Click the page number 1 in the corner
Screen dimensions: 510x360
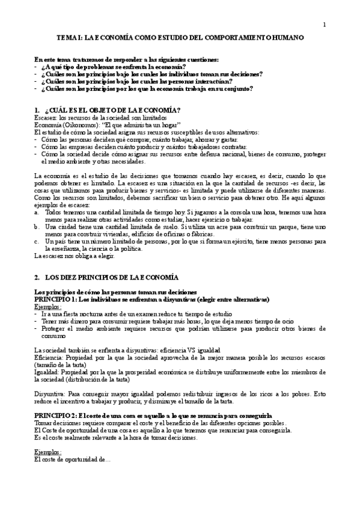coord(324,25)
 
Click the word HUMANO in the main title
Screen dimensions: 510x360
coord(286,37)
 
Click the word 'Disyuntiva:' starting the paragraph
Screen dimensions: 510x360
coord(50,394)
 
